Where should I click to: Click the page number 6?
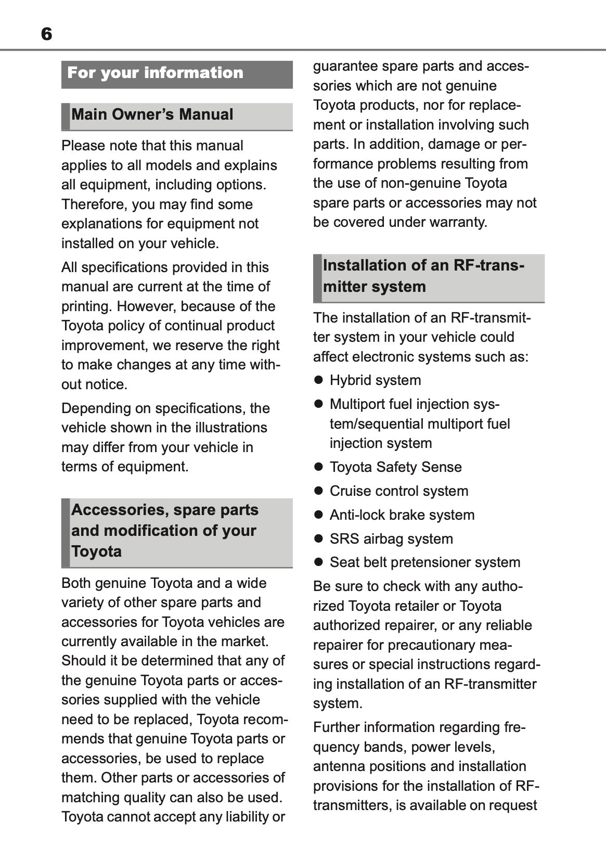tap(46, 34)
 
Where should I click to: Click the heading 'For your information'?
tap(155, 73)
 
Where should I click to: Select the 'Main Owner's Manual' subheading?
tap(152, 115)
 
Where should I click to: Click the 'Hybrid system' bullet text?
tap(375, 380)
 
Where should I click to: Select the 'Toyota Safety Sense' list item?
tap(395, 467)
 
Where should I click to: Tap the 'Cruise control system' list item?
tap(398, 491)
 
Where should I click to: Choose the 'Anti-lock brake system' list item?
tap(402, 515)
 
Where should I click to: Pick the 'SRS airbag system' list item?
tap(391, 539)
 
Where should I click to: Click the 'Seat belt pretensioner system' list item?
tap(424, 562)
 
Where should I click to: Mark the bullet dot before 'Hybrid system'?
tap(319, 380)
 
